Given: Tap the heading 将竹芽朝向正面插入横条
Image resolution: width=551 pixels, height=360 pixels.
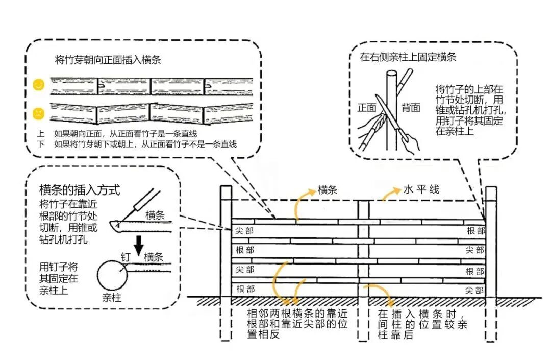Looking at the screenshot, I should click(108, 60).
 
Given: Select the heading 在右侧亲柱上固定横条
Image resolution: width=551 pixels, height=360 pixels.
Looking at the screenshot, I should click(408, 57).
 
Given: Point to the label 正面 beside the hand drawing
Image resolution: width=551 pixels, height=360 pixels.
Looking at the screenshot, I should click(366, 108).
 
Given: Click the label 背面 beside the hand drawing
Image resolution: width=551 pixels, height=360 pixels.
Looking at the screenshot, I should click(411, 108).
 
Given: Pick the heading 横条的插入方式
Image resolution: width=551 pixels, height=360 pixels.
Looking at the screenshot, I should click(80, 190).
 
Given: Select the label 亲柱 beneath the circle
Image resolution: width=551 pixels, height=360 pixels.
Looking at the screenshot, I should click(112, 297).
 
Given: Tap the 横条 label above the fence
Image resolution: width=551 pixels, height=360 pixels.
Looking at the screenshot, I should click(327, 189).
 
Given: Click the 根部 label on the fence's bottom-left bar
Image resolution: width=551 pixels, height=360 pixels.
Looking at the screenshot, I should click(245, 289).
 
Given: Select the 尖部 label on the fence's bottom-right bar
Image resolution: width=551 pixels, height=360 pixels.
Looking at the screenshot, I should click(474, 290).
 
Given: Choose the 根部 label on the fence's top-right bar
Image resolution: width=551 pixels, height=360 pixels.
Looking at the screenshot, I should click(475, 231).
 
